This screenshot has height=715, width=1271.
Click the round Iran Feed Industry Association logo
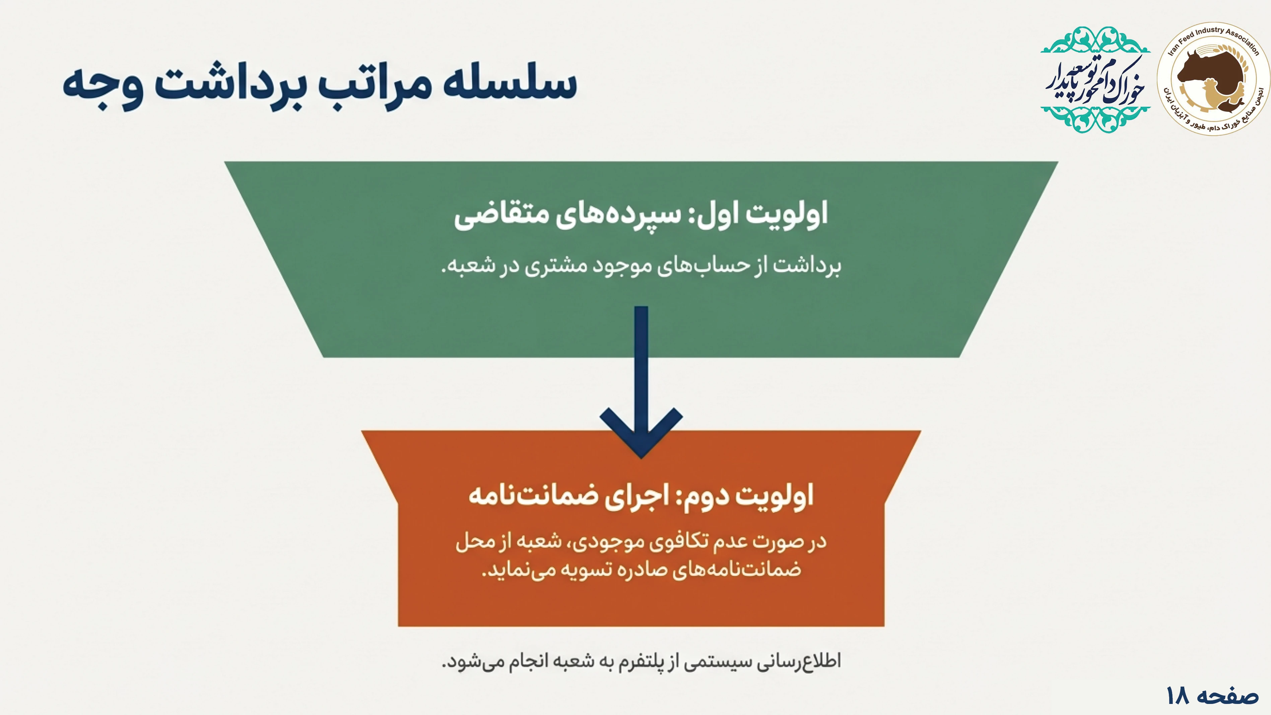pyautogui.click(x=1213, y=78)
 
